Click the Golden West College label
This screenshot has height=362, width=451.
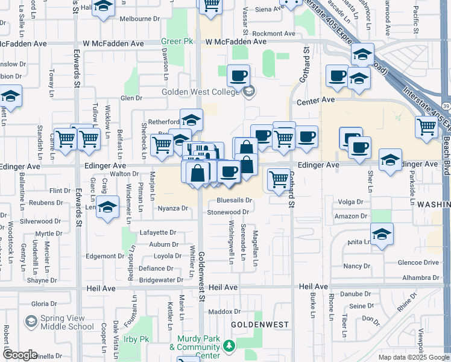(x=201, y=92)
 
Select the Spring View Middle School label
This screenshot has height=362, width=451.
(x=66, y=322)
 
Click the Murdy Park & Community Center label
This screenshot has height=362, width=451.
(x=194, y=351)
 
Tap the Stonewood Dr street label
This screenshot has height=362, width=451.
(x=228, y=212)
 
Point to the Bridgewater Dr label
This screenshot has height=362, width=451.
(x=161, y=280)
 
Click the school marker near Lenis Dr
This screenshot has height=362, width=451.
(x=107, y=207)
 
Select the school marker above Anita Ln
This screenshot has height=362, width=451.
(x=382, y=235)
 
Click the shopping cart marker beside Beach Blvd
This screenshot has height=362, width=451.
(x=426, y=127)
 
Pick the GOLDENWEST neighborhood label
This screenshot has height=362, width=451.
(x=260, y=325)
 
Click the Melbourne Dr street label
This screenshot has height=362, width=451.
(x=139, y=19)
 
